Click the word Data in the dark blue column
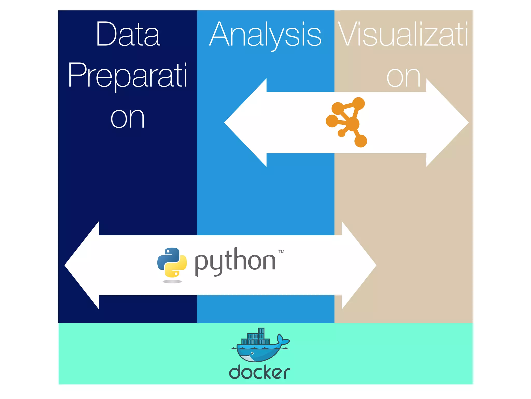pos(128,35)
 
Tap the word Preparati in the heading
pos(127,75)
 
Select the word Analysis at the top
pos(265,35)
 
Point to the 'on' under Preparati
pos(127,118)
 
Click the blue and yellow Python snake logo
pos(172,262)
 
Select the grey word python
pos(235,261)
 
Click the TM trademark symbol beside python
pos(281,251)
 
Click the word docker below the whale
pos(260,372)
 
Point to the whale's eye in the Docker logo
pos(252,353)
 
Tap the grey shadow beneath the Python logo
pos(172,281)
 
